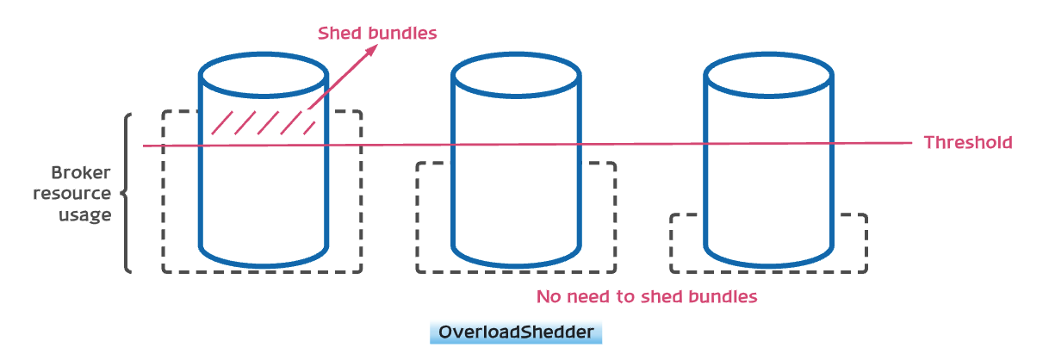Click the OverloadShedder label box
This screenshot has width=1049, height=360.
point(515,332)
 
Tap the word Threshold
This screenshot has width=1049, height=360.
point(967,143)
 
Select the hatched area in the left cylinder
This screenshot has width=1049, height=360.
point(262,123)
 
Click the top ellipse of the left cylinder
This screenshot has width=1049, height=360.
point(263,73)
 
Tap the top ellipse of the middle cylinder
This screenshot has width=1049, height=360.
point(516,73)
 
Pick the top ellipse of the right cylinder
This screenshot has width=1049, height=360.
point(769,73)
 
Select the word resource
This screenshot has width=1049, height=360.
point(72,193)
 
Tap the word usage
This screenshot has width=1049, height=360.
point(85,214)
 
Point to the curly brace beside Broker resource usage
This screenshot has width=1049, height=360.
point(127,193)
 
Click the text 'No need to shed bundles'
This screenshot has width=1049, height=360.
point(646,297)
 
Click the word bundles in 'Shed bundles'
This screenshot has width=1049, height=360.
point(404,34)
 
